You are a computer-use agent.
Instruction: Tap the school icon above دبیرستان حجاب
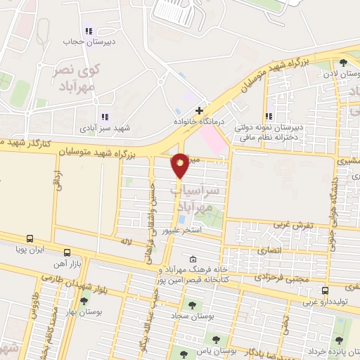(89, 31)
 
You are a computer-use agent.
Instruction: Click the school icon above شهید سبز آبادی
(104, 117)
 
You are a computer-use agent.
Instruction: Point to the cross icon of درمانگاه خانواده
(200, 110)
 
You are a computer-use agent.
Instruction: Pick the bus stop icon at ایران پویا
(30, 238)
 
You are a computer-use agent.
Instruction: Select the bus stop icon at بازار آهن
(67, 252)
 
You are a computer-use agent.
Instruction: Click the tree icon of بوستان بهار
(84, 301)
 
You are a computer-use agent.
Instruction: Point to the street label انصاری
(269, 250)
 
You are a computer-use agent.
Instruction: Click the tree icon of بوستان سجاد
(191, 304)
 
